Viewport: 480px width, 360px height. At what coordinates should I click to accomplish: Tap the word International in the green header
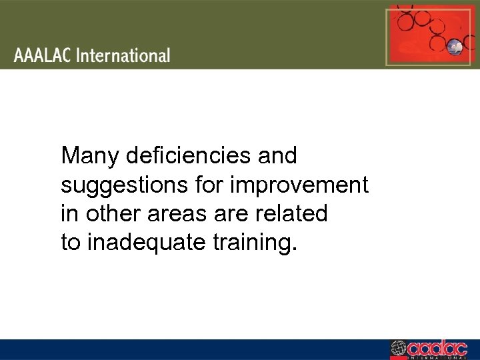coord(123,55)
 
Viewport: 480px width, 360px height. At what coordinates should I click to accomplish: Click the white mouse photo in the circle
coord(455,47)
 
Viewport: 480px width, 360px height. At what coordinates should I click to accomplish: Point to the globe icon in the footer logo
coord(398,348)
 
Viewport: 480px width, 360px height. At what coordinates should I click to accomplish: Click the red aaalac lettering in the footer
coord(436,347)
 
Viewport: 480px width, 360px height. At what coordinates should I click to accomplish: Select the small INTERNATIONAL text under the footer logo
coord(436,357)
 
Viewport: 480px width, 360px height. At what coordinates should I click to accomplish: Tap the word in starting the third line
coord(68,214)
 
